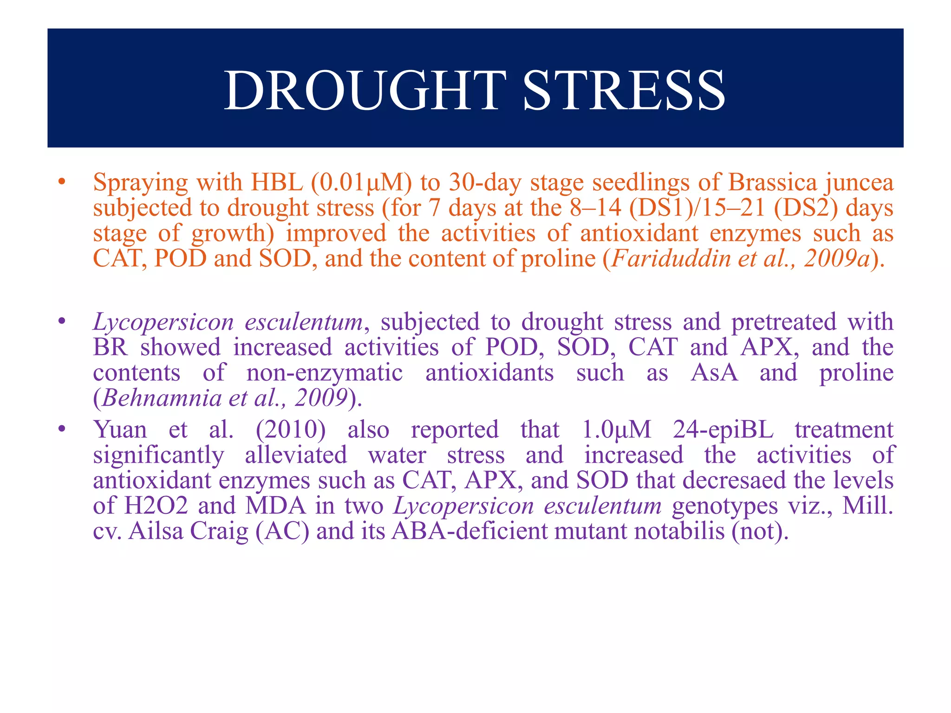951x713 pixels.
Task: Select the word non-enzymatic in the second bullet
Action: tap(325, 373)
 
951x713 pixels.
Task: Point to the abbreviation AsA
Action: tap(714, 373)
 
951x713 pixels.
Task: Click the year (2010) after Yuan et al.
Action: tap(291, 429)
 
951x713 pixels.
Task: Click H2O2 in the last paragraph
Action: tap(156, 506)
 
